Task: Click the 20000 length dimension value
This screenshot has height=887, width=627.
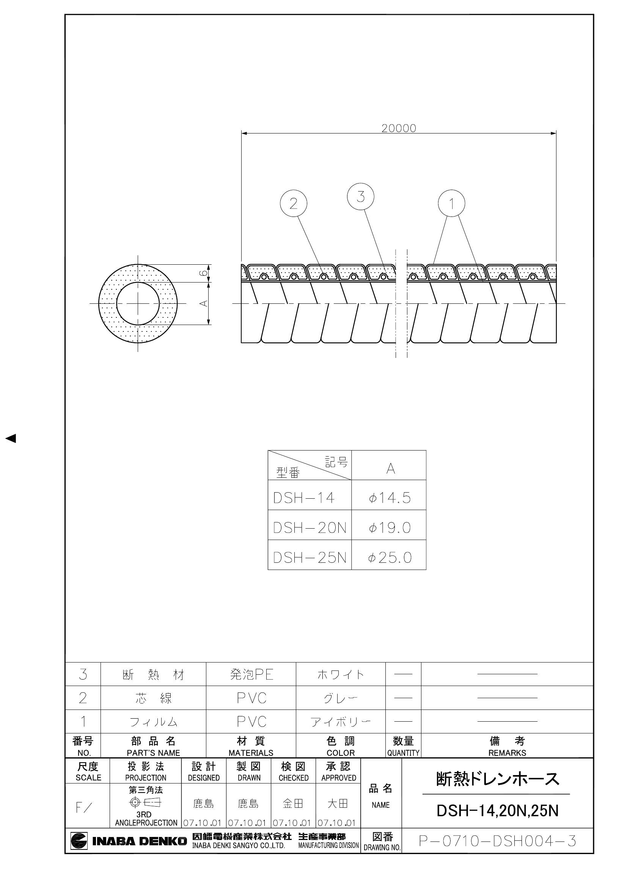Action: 399,128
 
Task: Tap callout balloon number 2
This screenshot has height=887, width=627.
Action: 294,203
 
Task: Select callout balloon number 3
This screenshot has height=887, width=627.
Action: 361,197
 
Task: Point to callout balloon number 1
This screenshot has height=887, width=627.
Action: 452,203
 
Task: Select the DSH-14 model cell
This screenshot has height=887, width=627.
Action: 304,498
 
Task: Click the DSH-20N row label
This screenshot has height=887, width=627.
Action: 310,528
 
